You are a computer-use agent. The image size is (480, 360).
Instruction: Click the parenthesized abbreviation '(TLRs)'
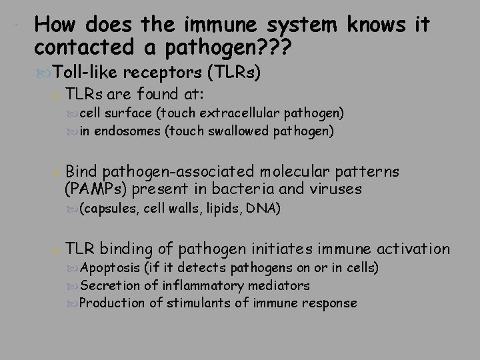click(x=233, y=72)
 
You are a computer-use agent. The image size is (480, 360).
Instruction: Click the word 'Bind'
click(x=81, y=172)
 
